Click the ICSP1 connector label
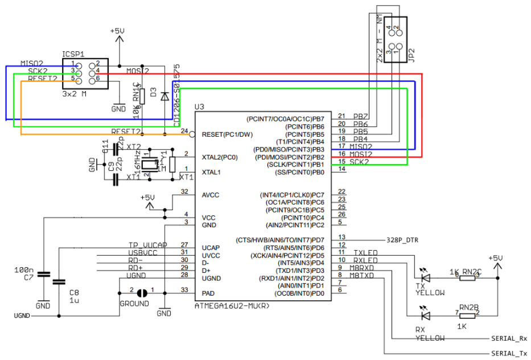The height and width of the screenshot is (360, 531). (73, 54)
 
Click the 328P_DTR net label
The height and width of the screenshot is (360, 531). (402, 240)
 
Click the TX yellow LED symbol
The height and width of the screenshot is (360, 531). (425, 278)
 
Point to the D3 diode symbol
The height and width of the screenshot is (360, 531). (164, 96)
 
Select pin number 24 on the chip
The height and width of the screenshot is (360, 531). (184, 131)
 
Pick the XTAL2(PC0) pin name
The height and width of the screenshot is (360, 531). (220, 157)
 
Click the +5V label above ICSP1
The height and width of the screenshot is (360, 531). (118, 32)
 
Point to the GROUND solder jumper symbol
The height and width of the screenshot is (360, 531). (142, 292)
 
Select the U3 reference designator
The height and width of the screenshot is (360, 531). (199, 107)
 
